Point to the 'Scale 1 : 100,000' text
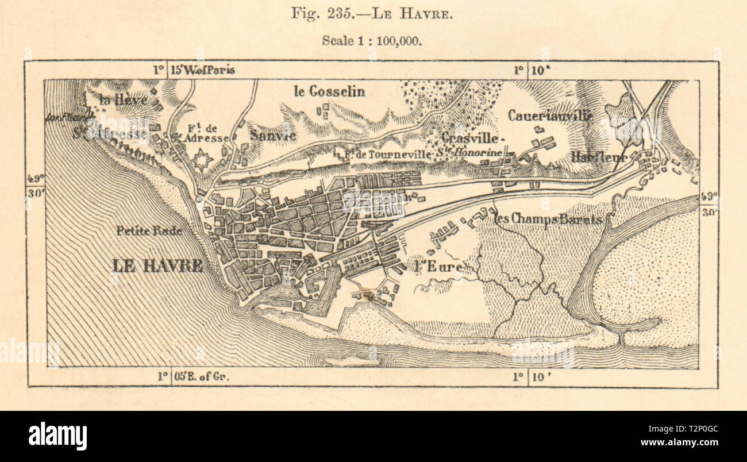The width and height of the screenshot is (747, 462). pos(372,40)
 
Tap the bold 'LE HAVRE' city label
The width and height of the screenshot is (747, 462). pos(157,265)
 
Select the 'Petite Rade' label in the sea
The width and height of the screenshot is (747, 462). pos(149,231)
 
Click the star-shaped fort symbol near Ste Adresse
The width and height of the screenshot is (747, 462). pos(202,160)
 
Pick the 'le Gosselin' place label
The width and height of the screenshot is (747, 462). pos(329,91)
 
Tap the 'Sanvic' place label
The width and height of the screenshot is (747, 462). pos(274,136)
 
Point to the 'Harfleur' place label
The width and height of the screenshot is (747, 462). pos(598,156)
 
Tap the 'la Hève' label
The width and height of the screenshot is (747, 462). pos(123,99)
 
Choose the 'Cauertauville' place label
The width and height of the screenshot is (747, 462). pos(550,115)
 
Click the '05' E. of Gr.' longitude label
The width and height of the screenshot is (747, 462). pos(198,376)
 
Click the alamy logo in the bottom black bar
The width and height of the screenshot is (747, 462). pos(57,436)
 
